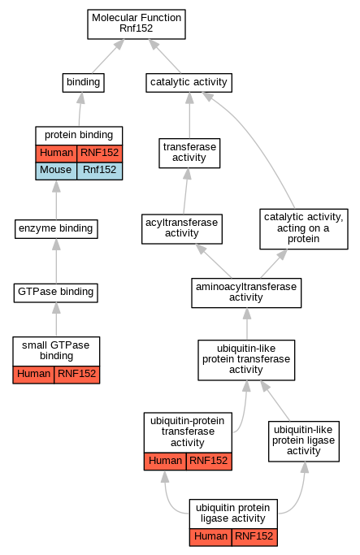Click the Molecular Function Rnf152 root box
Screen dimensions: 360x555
(x=137, y=24)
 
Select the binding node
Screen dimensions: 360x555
(x=83, y=82)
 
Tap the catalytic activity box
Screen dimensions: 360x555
(x=189, y=82)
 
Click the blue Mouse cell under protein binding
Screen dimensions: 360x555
(x=56, y=171)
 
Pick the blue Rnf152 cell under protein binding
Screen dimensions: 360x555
(x=99, y=171)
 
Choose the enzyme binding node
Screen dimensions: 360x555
(x=56, y=229)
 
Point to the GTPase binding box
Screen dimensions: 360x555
(x=56, y=293)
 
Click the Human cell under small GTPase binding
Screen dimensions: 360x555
(x=33, y=375)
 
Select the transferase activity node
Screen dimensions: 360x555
(x=189, y=153)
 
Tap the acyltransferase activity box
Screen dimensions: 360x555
(x=182, y=228)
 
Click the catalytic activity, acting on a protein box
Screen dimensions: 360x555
(x=304, y=228)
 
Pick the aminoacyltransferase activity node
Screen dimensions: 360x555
(x=246, y=293)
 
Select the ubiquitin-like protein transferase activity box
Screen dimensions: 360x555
(x=246, y=360)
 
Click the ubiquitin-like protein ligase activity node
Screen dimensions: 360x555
(x=304, y=441)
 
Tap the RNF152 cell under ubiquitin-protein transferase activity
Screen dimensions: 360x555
(x=209, y=462)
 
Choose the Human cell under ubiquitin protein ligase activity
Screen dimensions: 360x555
(x=210, y=537)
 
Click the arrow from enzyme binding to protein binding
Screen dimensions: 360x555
(x=56, y=200)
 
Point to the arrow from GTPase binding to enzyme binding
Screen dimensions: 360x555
(x=56, y=261)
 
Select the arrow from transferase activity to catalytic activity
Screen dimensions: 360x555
(x=189, y=115)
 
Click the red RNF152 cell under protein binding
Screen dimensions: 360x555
(x=99, y=154)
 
